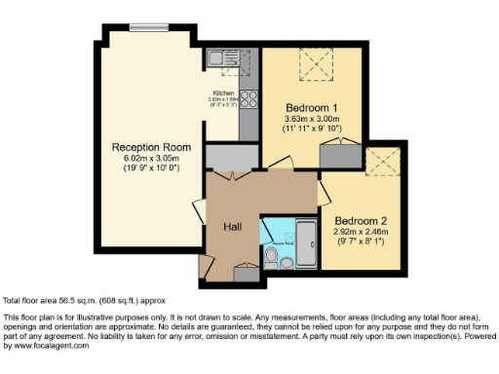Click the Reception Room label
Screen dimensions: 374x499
(143, 147)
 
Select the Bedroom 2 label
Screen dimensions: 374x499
(361, 220)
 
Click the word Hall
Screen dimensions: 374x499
(233, 226)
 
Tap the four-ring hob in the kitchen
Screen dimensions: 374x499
(248, 98)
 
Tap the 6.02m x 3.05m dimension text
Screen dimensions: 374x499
(143, 159)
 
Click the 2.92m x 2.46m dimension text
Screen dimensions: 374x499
(361, 232)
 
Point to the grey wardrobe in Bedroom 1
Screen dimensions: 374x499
(340, 153)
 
